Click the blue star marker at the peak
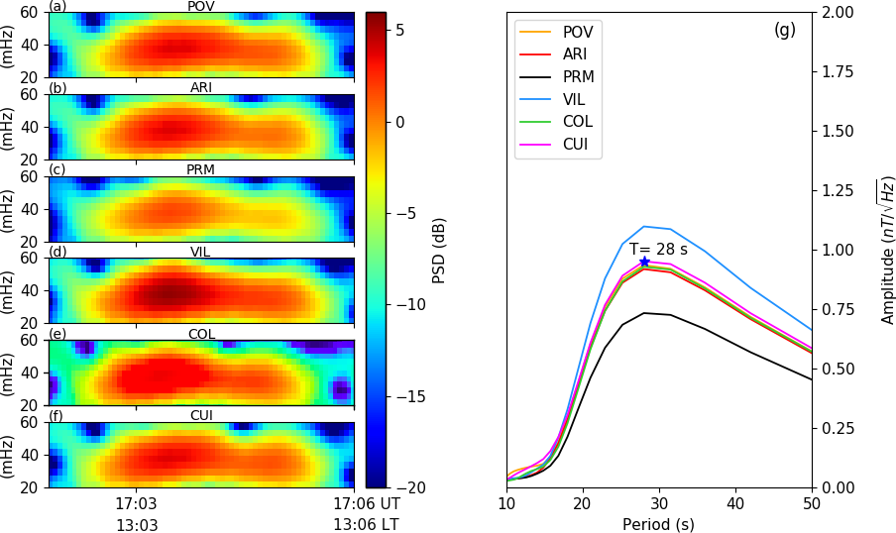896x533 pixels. [x=644, y=262]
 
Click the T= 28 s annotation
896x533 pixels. [x=651, y=250]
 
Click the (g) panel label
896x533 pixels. [x=785, y=30]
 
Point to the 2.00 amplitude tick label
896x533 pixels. [x=836, y=12]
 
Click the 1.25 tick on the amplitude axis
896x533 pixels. [x=836, y=190]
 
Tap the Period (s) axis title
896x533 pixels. [x=659, y=523]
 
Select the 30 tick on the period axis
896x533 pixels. [x=659, y=504]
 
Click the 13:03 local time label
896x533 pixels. [x=137, y=525]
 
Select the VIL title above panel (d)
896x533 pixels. [x=201, y=252]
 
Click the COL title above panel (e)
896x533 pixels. [x=201, y=334]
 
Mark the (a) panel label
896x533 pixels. [x=58, y=6]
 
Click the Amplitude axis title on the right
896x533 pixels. [x=887, y=250]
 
